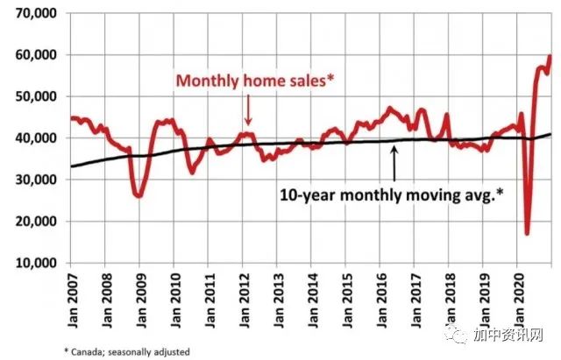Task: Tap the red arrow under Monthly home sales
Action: pos(248,110)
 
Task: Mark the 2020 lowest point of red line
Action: pos(527,233)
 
